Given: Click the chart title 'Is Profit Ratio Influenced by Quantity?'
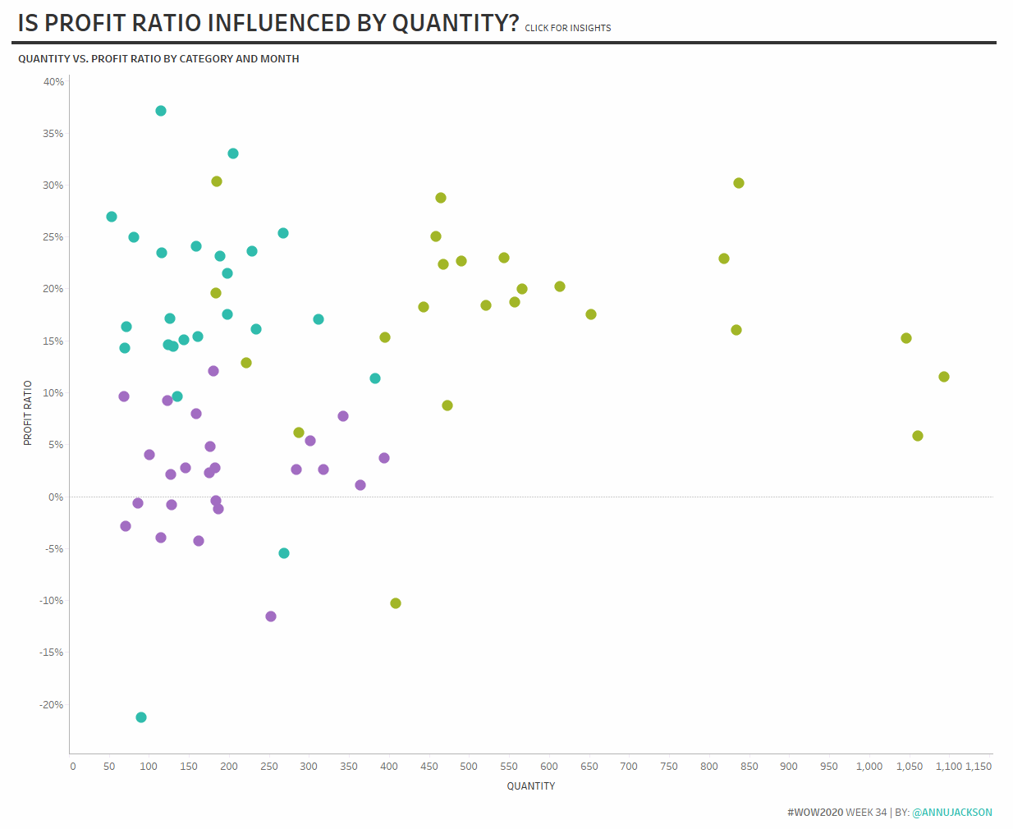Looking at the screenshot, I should (268, 23).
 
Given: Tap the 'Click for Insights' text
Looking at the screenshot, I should (568, 28).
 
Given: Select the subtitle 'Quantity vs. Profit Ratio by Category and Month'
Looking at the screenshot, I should (158, 59).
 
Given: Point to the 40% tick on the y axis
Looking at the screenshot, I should (53, 82).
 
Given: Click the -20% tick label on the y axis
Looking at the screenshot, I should (51, 705).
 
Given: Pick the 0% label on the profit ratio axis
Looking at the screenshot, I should (55, 497).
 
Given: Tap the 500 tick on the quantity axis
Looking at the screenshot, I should (469, 767).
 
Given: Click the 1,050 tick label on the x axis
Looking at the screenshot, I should (909, 767).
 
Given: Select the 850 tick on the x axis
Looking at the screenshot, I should (749, 767).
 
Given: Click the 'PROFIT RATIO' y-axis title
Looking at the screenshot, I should (28, 413).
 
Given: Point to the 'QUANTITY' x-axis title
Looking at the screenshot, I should (531, 786).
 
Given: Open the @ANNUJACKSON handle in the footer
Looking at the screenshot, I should (952, 813).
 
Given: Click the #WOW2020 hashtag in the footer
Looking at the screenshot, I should (815, 813).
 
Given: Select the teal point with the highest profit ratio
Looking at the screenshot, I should (161, 111).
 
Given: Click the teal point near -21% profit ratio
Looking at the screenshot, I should (141, 717).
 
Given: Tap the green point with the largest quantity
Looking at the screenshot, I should (944, 377).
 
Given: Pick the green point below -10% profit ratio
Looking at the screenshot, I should (396, 603).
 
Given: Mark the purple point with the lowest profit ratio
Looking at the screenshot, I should (271, 616).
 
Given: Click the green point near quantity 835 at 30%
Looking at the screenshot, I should (739, 183).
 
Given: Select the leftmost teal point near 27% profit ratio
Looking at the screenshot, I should (112, 217).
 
